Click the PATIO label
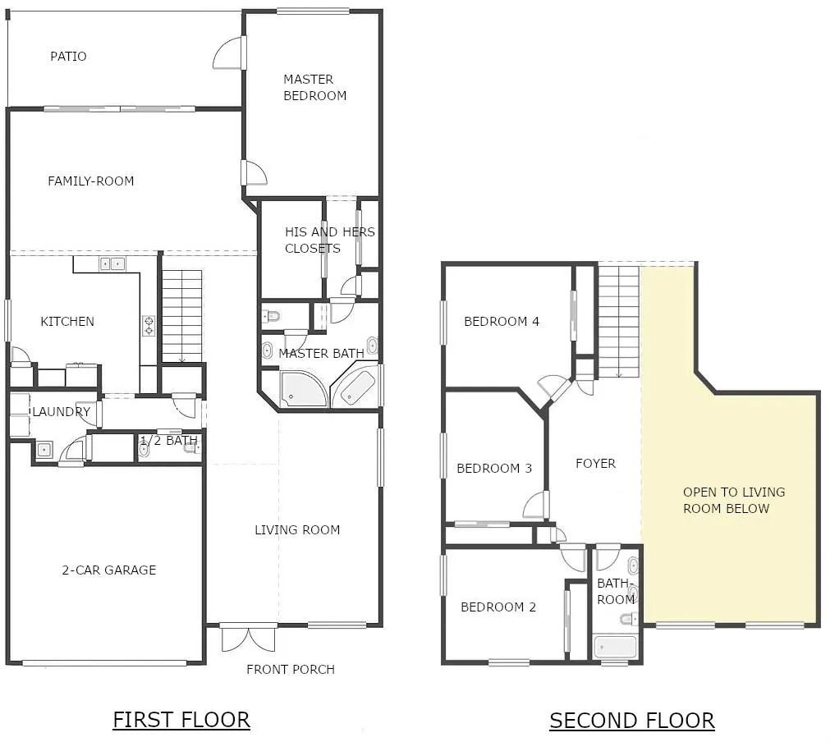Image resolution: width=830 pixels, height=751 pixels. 68,56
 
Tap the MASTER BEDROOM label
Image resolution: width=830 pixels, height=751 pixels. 315,87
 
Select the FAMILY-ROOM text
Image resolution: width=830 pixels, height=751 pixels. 90,181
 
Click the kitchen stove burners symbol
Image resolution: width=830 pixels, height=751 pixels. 149,326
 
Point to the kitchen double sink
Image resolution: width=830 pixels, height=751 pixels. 112,263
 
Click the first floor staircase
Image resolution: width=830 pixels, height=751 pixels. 181,316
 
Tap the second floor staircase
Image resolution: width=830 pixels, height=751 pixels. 619,321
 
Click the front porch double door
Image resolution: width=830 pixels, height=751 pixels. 248,639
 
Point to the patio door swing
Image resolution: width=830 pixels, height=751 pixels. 228,53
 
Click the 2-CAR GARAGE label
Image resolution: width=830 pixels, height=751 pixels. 109,570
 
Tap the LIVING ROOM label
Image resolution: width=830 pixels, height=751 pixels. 297,529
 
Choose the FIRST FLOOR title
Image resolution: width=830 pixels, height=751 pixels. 181,721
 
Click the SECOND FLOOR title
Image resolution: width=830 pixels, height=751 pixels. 632,721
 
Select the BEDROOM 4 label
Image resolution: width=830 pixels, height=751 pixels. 502,321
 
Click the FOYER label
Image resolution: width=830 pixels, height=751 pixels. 595,464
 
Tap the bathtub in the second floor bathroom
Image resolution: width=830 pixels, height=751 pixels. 615,647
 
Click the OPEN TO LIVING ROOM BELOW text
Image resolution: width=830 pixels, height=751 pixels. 734,500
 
